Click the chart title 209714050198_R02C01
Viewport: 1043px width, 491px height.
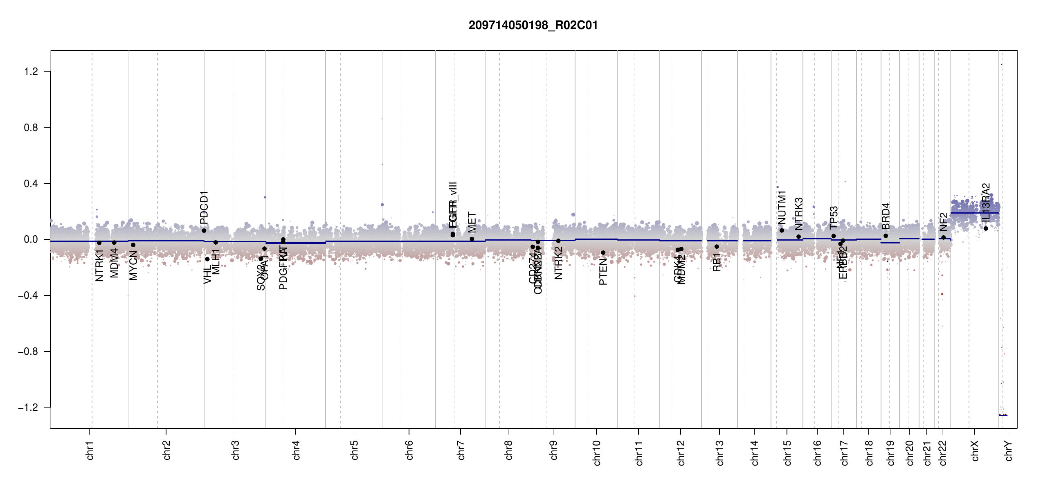click(x=533, y=25)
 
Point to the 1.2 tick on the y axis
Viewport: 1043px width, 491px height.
click(x=31, y=72)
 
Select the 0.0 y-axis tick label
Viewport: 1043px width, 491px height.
click(x=31, y=239)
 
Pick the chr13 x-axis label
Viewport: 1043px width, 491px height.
click(x=720, y=453)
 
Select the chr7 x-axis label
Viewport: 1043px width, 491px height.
click(x=461, y=450)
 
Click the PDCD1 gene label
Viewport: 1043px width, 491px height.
click(x=204, y=207)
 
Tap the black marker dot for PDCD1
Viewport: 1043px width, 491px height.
click(x=204, y=231)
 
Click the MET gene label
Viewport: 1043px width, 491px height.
click(x=472, y=222)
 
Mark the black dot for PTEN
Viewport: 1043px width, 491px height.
click(x=603, y=253)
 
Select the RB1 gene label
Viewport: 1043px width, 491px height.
click(x=717, y=262)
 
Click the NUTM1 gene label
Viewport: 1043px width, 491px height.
click(x=782, y=207)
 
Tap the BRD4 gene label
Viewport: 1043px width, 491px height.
click(x=886, y=216)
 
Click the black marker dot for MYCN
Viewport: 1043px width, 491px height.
click(x=133, y=245)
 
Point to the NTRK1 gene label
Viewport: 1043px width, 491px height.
click(x=99, y=266)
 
